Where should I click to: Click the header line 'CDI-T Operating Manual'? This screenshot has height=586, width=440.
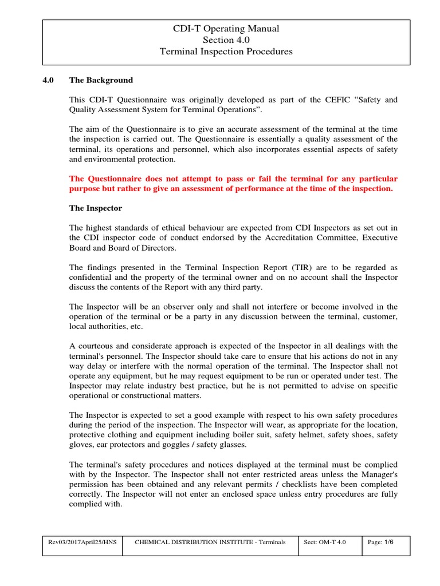click(x=226, y=29)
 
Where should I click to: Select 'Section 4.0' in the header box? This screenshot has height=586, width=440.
click(x=226, y=40)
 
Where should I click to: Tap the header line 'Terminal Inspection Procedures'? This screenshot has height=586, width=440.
click(x=226, y=52)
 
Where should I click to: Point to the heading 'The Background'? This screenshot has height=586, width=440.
click(x=101, y=80)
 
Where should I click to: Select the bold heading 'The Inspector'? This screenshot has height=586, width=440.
click(x=96, y=208)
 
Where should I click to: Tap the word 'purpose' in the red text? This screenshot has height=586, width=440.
click(x=87, y=189)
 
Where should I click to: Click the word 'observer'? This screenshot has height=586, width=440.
click(x=165, y=307)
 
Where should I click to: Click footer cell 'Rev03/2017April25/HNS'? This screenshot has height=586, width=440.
click(x=82, y=542)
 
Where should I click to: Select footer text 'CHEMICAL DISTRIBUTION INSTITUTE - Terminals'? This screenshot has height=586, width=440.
click(x=210, y=542)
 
